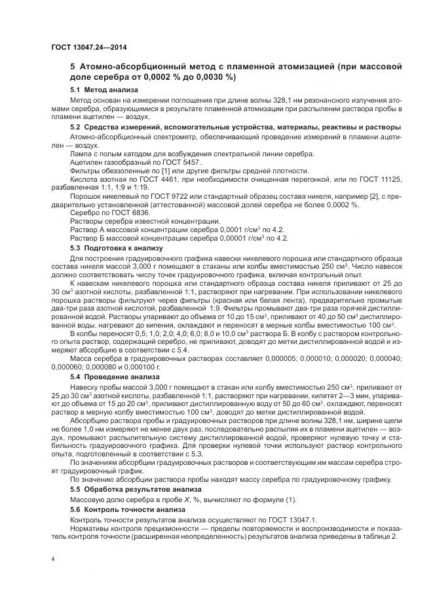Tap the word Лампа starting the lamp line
pos(81,153)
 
